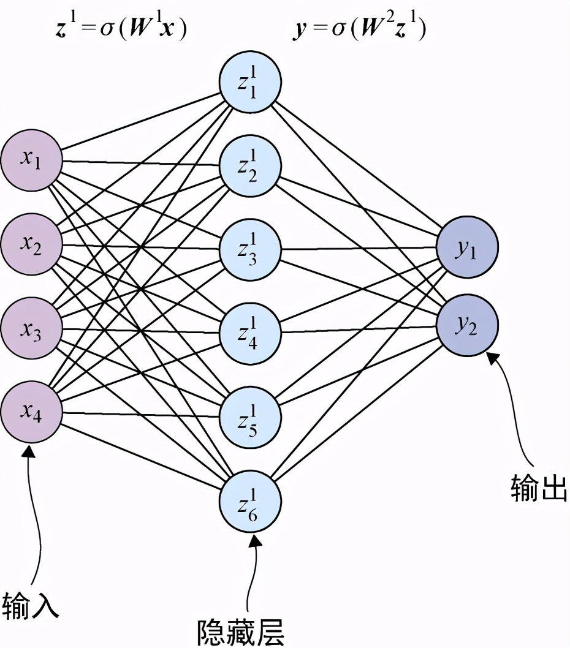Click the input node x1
31,162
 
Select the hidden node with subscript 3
249,249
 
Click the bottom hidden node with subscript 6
249,502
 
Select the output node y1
467,248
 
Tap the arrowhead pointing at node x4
28,452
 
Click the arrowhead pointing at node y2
492,356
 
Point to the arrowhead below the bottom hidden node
254,538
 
